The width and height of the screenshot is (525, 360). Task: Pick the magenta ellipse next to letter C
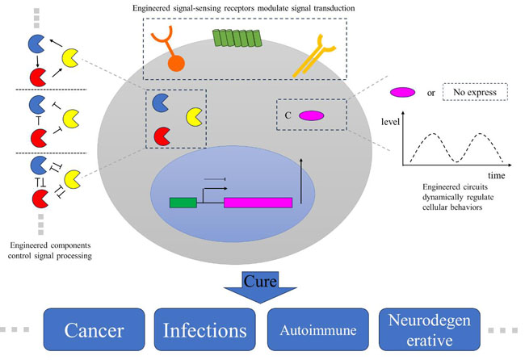312,115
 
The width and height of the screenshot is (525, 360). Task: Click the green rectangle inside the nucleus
183,202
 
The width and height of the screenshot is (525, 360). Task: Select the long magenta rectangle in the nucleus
258,202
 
